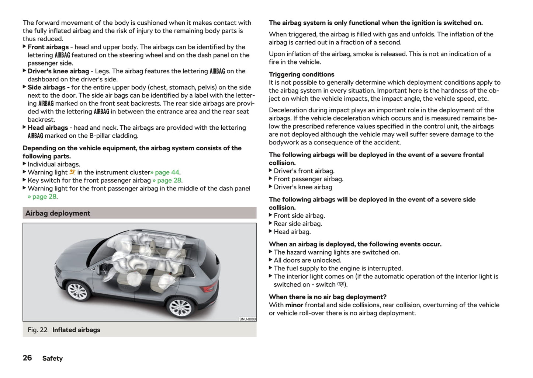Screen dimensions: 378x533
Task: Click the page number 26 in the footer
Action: [x=27, y=358]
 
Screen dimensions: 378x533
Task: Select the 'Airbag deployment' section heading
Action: [x=58, y=213]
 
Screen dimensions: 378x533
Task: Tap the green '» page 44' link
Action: [x=166, y=172]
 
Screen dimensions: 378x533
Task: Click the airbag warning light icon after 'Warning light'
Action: [x=72, y=172]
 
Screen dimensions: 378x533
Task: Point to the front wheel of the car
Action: [x=77, y=291]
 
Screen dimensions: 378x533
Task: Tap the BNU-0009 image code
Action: [x=247, y=319]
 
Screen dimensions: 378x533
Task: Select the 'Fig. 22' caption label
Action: [x=38, y=330]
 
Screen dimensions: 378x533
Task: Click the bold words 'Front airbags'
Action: [x=48, y=47]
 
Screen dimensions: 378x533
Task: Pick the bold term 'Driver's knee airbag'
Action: [x=58, y=71]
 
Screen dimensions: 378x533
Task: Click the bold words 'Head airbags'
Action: [x=48, y=128]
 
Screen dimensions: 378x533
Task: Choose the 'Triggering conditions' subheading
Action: [x=301, y=74]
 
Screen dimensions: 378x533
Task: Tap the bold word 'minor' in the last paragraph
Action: [x=294, y=305]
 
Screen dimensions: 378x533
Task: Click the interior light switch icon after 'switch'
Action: [x=341, y=284]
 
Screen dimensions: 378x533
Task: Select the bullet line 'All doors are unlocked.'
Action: [x=307, y=260]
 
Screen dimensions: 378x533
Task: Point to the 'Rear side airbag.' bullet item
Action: [x=298, y=224]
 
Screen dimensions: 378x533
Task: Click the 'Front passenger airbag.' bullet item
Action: [x=308, y=179]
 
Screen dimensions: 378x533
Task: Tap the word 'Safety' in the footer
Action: [x=52, y=358]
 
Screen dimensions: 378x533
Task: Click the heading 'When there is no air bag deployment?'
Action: [x=328, y=297]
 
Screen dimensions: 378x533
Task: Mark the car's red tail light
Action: [x=209, y=287]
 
